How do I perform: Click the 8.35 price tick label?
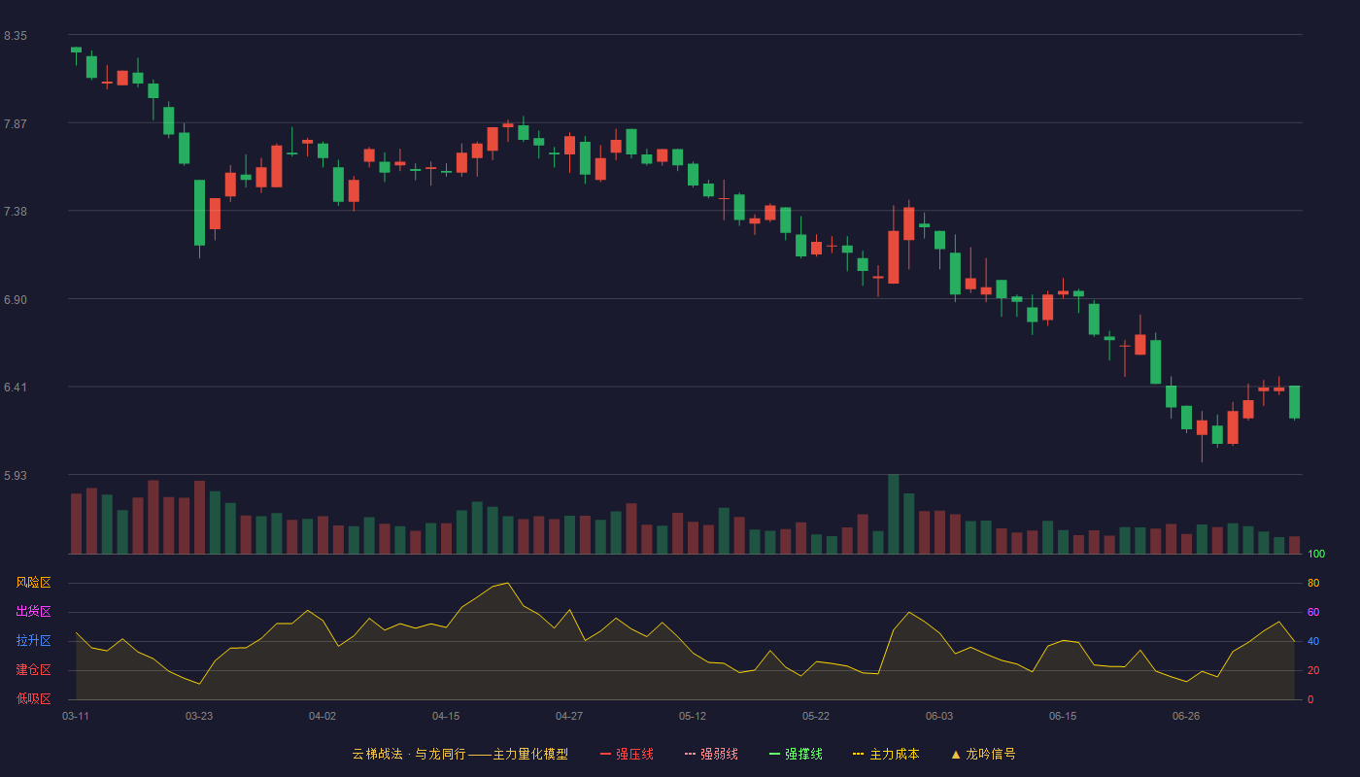[16, 36]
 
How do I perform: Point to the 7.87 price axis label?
[16, 124]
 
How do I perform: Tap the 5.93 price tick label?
[16, 475]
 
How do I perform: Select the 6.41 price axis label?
[16, 388]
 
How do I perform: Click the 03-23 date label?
[199, 717]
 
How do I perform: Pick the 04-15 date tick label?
[446, 717]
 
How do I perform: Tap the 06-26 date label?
[1186, 717]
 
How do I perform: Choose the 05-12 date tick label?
[692, 717]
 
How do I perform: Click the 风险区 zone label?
[33, 583]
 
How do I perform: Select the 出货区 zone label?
[33, 611]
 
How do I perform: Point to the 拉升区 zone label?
[33, 640]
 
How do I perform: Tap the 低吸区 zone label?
[33, 698]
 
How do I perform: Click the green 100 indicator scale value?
[1316, 554]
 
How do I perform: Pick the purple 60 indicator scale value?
[1313, 612]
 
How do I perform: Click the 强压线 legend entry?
[627, 754]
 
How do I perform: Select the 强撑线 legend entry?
[796, 754]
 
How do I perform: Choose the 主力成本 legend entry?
[886, 754]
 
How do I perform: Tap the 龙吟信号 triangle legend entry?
[983, 754]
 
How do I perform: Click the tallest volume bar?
[893, 514]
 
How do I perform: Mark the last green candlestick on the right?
[1294, 402]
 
